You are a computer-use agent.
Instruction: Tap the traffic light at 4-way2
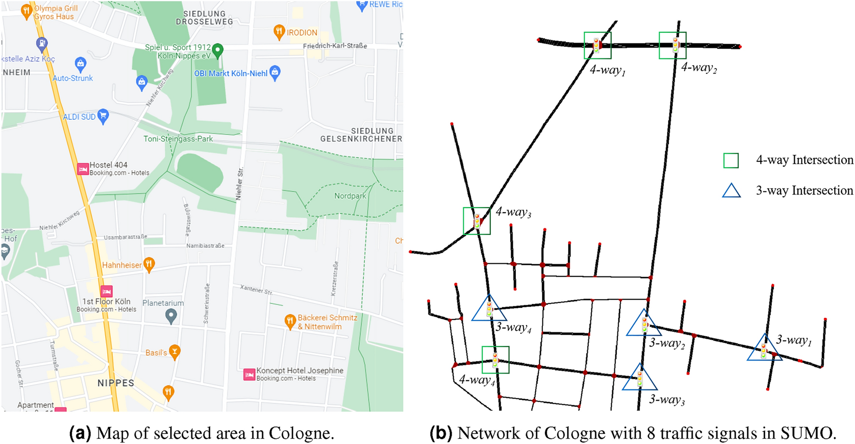675,45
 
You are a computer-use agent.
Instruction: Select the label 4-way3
513,212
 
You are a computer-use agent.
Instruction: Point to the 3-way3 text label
667,400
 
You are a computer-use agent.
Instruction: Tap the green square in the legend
731,160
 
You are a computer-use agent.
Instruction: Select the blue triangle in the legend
731,191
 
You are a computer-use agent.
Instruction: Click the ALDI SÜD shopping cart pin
103,116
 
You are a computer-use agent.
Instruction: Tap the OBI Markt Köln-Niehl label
230,73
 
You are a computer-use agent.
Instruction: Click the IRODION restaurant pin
279,32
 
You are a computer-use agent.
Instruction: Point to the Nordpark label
350,196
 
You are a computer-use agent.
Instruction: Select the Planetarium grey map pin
171,316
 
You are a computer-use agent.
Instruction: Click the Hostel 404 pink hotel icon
83,169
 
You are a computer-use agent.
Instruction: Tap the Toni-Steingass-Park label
178,139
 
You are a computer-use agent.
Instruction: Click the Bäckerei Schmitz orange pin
290,321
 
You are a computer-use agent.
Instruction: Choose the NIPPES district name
115,383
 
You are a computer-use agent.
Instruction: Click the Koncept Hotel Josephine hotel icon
249,374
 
